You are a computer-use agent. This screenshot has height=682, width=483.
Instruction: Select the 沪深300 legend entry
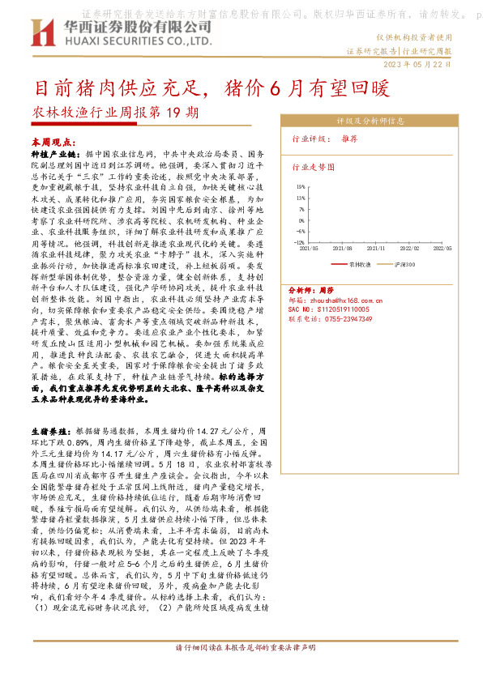[x=404, y=265]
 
